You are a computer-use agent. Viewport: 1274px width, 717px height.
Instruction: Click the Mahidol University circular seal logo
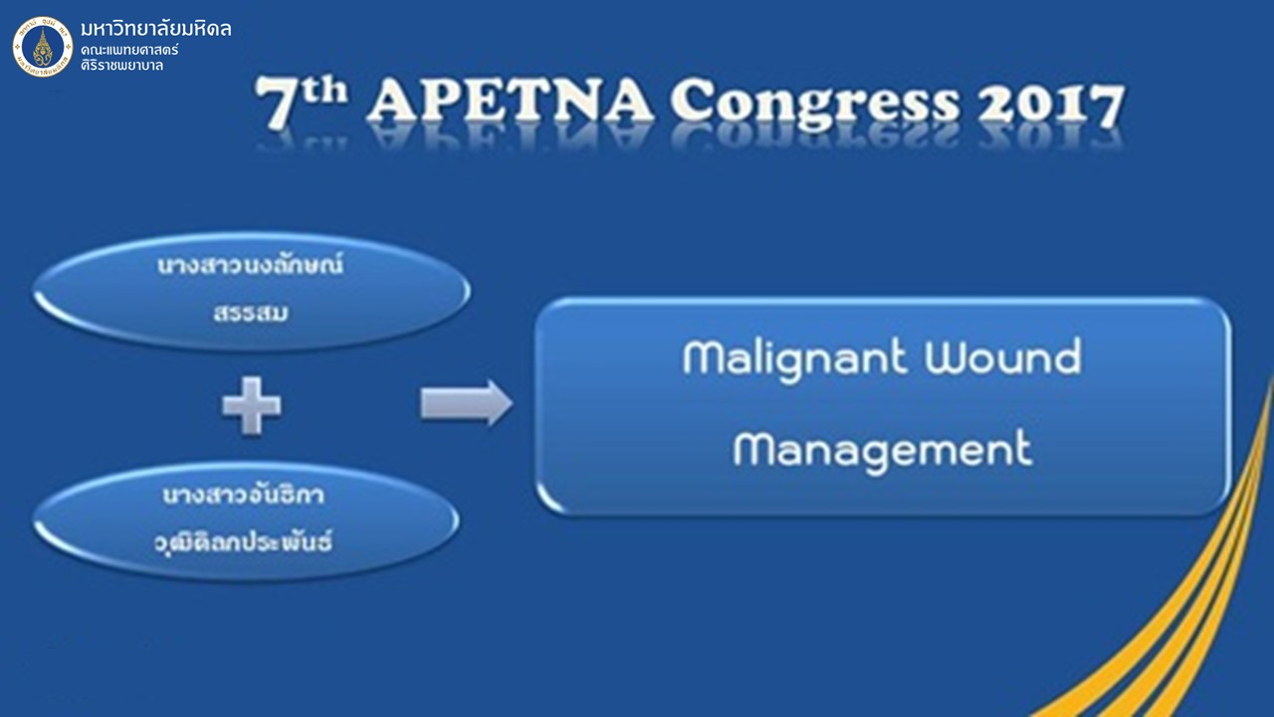point(43,47)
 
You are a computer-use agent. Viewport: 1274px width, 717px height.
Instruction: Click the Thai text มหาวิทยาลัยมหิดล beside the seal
point(156,28)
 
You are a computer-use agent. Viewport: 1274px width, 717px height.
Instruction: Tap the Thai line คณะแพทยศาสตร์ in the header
point(129,49)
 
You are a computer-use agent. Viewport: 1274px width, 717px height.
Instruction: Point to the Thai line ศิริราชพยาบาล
point(121,65)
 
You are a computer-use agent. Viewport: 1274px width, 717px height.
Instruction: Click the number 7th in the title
point(301,102)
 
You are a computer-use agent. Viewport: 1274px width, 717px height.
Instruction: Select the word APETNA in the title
point(511,103)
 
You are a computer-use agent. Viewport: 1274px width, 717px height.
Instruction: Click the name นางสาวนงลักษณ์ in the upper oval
point(250,265)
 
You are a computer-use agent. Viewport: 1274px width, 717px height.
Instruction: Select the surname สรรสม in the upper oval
point(251,313)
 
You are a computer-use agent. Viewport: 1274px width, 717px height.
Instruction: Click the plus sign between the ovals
point(252,405)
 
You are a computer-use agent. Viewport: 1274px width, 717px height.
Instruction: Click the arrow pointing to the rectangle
point(467,403)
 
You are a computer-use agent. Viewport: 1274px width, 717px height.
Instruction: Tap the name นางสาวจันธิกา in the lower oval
point(244,495)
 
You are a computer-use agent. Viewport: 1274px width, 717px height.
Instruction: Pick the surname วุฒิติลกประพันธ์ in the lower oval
point(244,543)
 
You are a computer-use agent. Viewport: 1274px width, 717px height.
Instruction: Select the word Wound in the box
point(1002,357)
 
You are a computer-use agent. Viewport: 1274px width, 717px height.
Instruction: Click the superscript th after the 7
point(325,91)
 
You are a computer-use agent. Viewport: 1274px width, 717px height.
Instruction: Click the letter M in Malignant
point(707,358)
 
